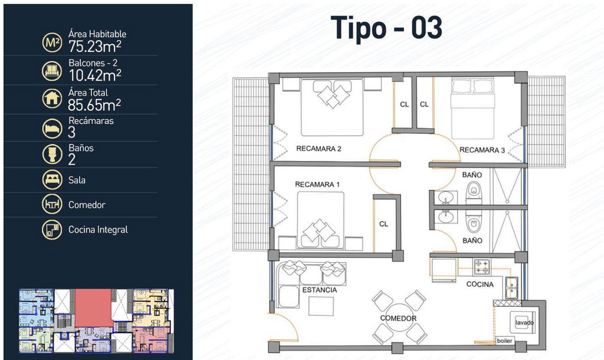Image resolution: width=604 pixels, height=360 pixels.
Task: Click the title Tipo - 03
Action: pyautogui.click(x=386, y=28)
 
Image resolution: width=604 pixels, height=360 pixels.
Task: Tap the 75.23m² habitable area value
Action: pyautogui.click(x=95, y=46)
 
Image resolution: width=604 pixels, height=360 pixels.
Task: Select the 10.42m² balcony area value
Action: pyautogui.click(x=95, y=75)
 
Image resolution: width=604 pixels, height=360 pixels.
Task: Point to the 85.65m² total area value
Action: pyautogui.click(x=94, y=104)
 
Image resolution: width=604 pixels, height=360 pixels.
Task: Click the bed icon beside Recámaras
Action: pyautogui.click(x=52, y=128)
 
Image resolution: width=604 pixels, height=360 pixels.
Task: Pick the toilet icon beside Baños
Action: pyautogui.click(x=52, y=154)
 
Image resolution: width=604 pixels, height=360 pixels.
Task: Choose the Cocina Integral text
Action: pyautogui.click(x=98, y=230)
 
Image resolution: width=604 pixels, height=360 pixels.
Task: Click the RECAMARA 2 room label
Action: pyautogui.click(x=319, y=149)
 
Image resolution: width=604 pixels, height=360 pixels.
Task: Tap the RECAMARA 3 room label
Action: pyautogui.click(x=482, y=150)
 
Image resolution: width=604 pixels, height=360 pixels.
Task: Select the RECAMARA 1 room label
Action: pyautogui.click(x=317, y=185)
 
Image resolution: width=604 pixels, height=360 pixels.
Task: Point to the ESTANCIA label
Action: pyautogui.click(x=319, y=290)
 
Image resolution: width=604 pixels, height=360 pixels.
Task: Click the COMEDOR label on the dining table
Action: pyautogui.click(x=398, y=318)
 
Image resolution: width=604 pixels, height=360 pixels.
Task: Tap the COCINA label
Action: pyautogui.click(x=480, y=284)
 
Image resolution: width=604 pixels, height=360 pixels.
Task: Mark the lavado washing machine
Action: pyautogui.click(x=523, y=322)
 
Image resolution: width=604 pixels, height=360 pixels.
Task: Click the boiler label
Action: pyautogui.click(x=504, y=341)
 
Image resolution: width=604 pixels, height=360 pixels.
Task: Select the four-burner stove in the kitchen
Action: pyautogui.click(x=482, y=267)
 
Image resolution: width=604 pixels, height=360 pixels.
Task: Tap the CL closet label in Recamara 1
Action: pyautogui.click(x=383, y=224)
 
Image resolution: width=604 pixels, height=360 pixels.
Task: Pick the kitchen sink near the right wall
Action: pyautogui.click(x=511, y=288)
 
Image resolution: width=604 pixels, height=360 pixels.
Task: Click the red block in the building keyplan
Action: pyautogui.click(x=93, y=308)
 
